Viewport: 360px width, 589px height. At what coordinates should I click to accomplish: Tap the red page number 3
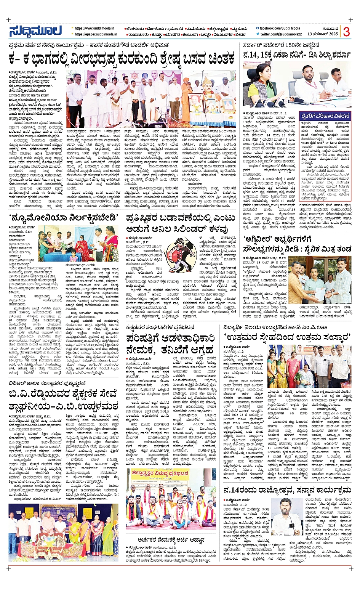346,31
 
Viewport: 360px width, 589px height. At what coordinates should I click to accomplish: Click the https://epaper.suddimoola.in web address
96,34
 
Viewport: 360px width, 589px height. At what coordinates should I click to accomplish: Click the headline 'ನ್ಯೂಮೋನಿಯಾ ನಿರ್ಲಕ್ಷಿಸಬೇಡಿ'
63,218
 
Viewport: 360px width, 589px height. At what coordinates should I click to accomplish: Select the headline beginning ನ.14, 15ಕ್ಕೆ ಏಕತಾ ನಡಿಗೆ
297,55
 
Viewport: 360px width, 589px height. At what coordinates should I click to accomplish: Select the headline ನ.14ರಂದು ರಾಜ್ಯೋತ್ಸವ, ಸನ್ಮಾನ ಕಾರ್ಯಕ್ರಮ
287,489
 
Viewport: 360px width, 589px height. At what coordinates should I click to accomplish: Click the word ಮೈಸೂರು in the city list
240,29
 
